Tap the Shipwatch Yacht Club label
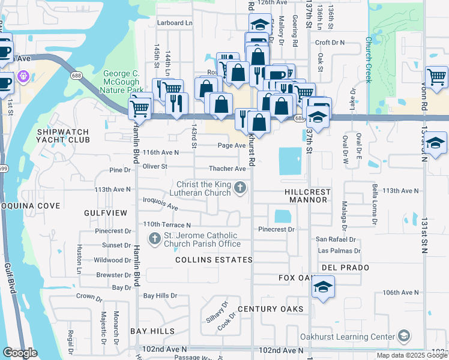pos(63,136)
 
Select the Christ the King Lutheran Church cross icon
pos(240,188)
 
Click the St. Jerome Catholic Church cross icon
pos(154,239)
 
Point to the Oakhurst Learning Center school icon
pos(404,337)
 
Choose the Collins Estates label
pos(214,260)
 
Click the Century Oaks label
pos(270,308)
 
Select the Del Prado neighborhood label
pos(340,266)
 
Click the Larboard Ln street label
pos(175,23)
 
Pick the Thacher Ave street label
pos(228,169)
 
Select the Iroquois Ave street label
pos(161,203)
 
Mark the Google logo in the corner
pos(20,353)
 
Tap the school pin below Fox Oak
pos(323,287)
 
